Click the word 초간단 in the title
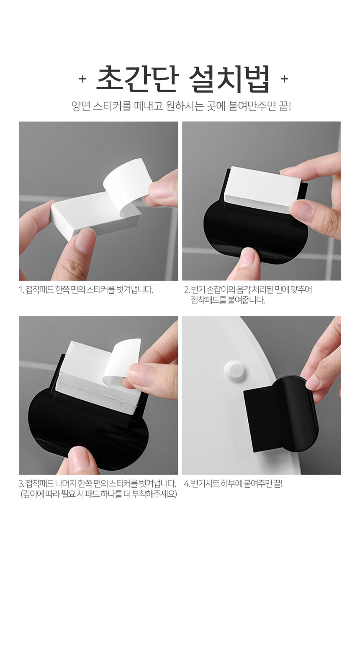[137, 79]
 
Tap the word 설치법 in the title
[229, 79]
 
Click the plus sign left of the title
[83, 79]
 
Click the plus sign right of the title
[285, 79]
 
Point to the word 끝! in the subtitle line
[285, 106]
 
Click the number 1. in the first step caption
[21, 290]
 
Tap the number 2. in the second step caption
[187, 290]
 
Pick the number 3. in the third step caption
[21, 483]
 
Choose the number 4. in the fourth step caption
[187, 483]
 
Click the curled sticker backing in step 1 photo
[127, 186]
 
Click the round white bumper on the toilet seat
[234, 370]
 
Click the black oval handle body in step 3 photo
[87, 430]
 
